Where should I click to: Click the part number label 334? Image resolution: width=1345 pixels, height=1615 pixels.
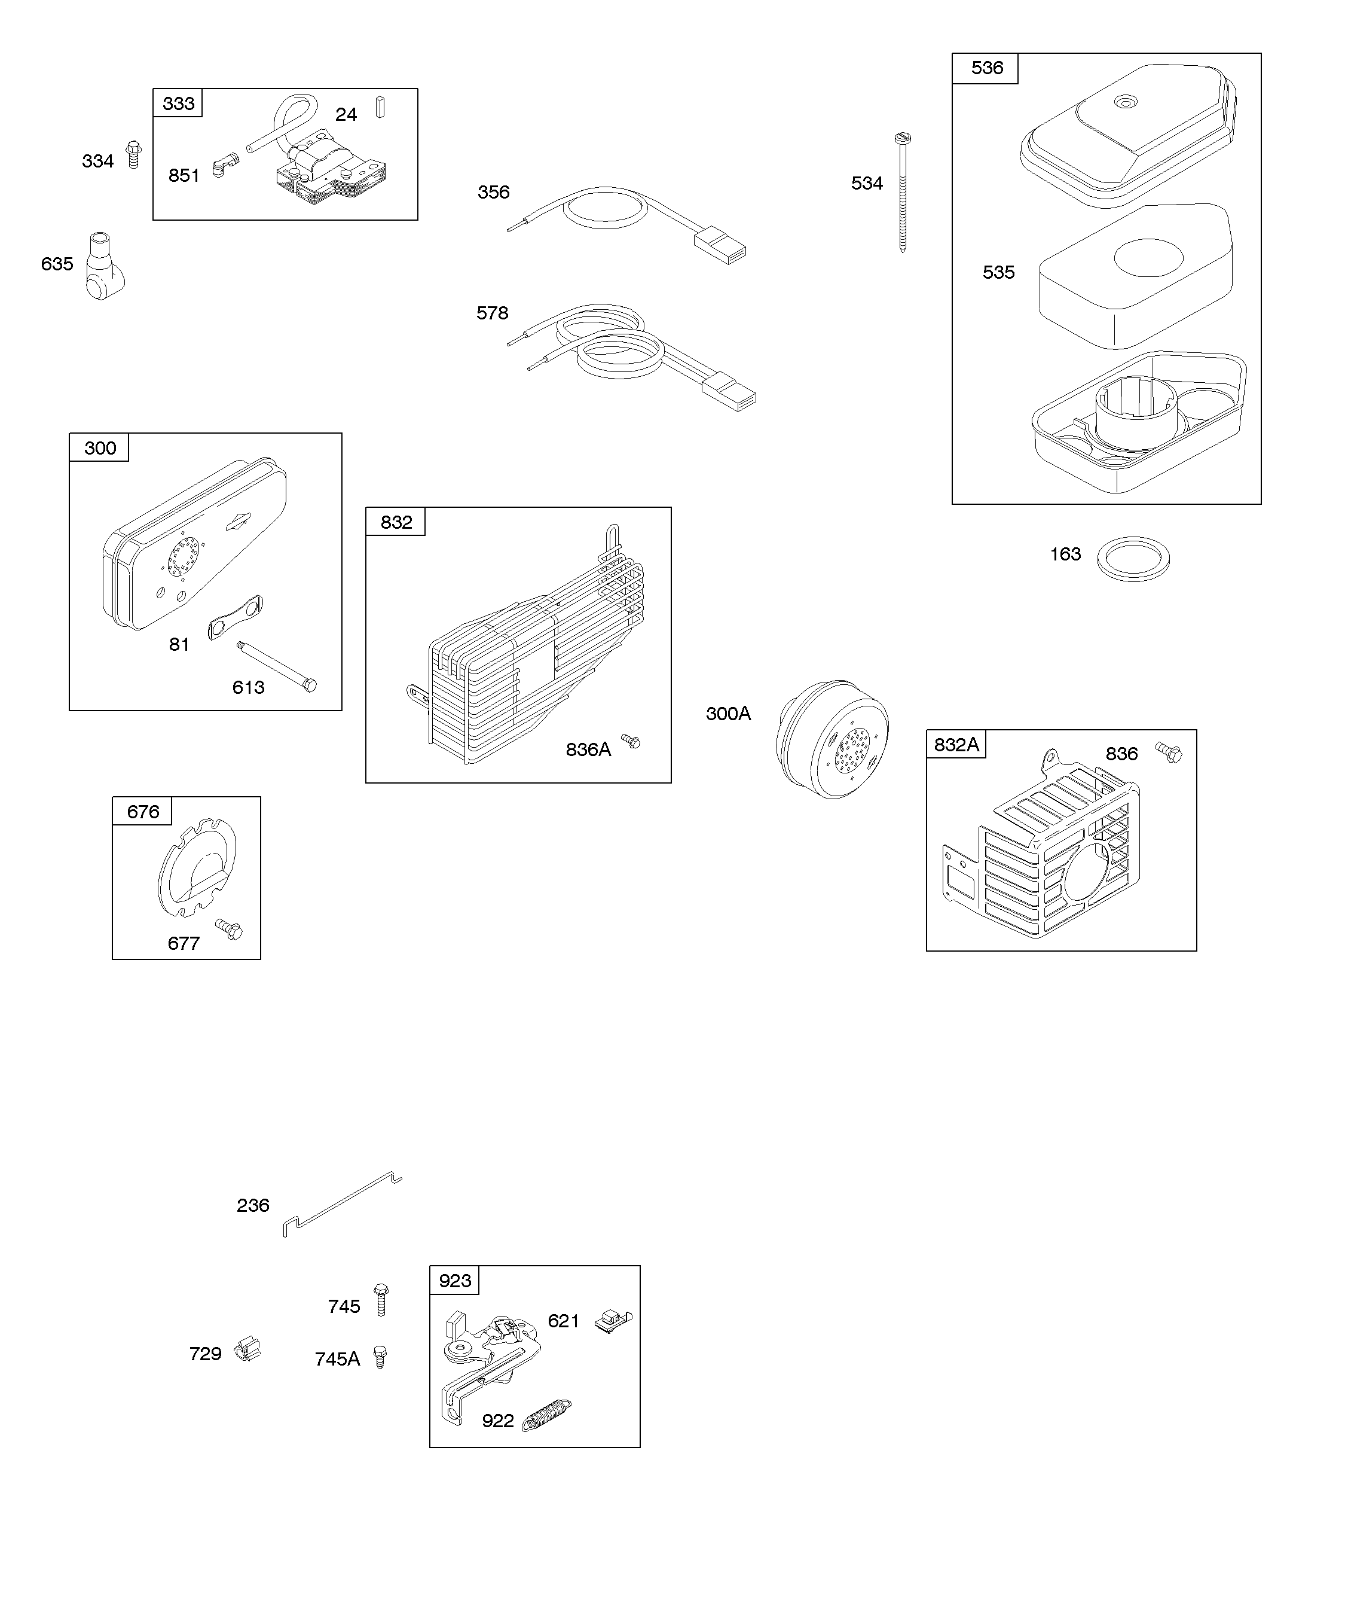click(x=97, y=161)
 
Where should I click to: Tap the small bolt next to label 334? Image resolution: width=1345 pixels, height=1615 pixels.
click(x=134, y=154)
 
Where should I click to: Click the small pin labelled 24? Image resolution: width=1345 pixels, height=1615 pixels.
click(x=380, y=107)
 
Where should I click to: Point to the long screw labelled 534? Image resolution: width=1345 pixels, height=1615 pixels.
click(x=901, y=192)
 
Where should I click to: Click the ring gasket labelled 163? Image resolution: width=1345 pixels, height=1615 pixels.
click(x=1133, y=559)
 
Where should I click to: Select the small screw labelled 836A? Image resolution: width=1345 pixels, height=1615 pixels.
click(x=631, y=741)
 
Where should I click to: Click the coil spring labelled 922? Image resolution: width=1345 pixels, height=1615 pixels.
click(x=546, y=1413)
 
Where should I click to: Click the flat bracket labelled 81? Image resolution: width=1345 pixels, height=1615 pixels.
click(x=235, y=616)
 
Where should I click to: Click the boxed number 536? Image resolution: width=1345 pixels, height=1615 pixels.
click(x=986, y=68)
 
